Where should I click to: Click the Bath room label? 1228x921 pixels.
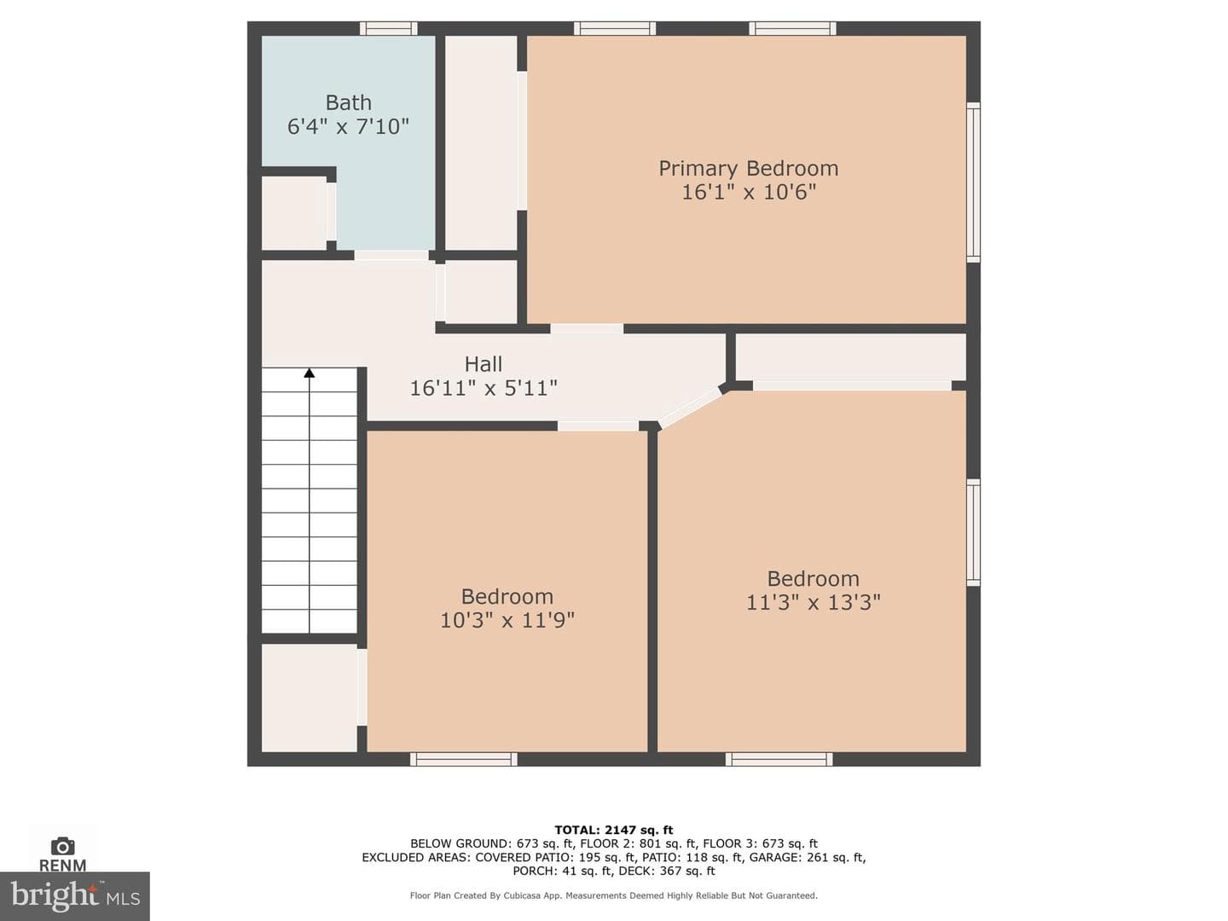[x=348, y=103]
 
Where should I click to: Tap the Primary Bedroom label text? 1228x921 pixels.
[x=748, y=168]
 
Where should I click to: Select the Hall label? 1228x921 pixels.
[x=484, y=364]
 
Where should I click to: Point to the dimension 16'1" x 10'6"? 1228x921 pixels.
[x=749, y=193]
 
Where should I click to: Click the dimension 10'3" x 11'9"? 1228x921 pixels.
[x=507, y=620]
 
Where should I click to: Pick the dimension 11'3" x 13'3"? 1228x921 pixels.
[x=814, y=602]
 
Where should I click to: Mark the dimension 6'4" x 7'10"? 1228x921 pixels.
[x=348, y=126]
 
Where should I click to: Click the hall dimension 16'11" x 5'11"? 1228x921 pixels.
[x=484, y=388]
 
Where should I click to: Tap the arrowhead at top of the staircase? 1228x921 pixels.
[x=310, y=373]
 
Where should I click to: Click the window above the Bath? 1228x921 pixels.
[x=388, y=28]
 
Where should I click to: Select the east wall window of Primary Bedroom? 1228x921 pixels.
[x=974, y=182]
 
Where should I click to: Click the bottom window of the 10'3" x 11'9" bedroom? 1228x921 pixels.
[x=464, y=759]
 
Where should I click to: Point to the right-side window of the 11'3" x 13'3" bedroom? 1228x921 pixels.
[x=974, y=532]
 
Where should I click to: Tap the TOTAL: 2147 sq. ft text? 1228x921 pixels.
[x=614, y=830]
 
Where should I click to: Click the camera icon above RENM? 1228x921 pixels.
[x=62, y=846]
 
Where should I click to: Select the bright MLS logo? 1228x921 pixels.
[x=75, y=895]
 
